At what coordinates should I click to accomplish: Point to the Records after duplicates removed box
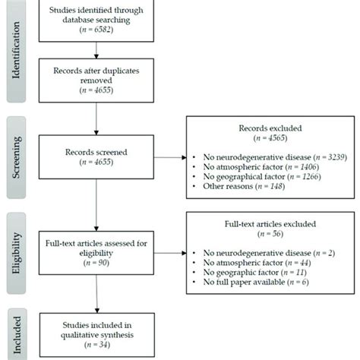pos(97,79)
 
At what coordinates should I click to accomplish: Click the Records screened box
pos(97,157)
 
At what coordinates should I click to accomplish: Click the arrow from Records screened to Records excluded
pos(169,158)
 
